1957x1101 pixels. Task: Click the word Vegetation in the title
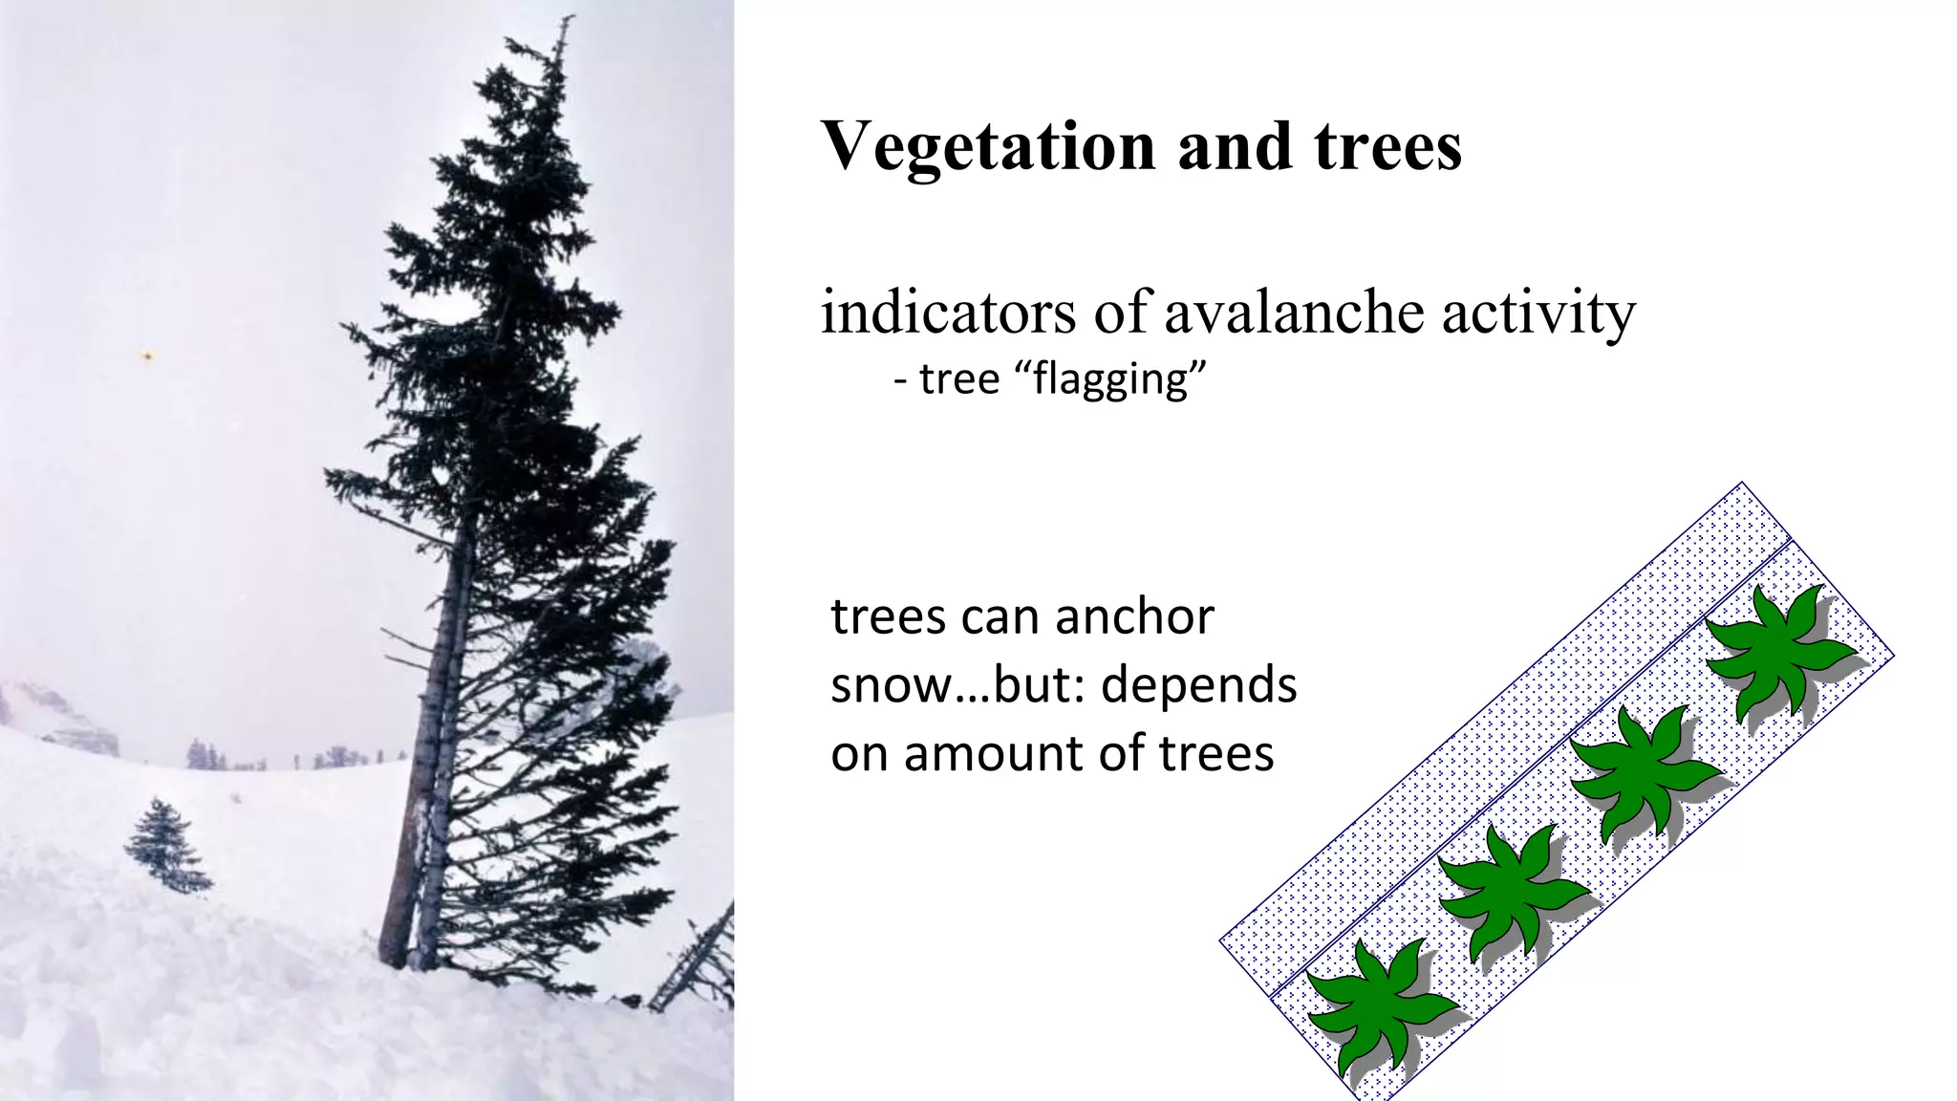click(x=989, y=148)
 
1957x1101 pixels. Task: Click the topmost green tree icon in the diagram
click(x=1777, y=650)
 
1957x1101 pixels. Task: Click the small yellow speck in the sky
click(x=147, y=356)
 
